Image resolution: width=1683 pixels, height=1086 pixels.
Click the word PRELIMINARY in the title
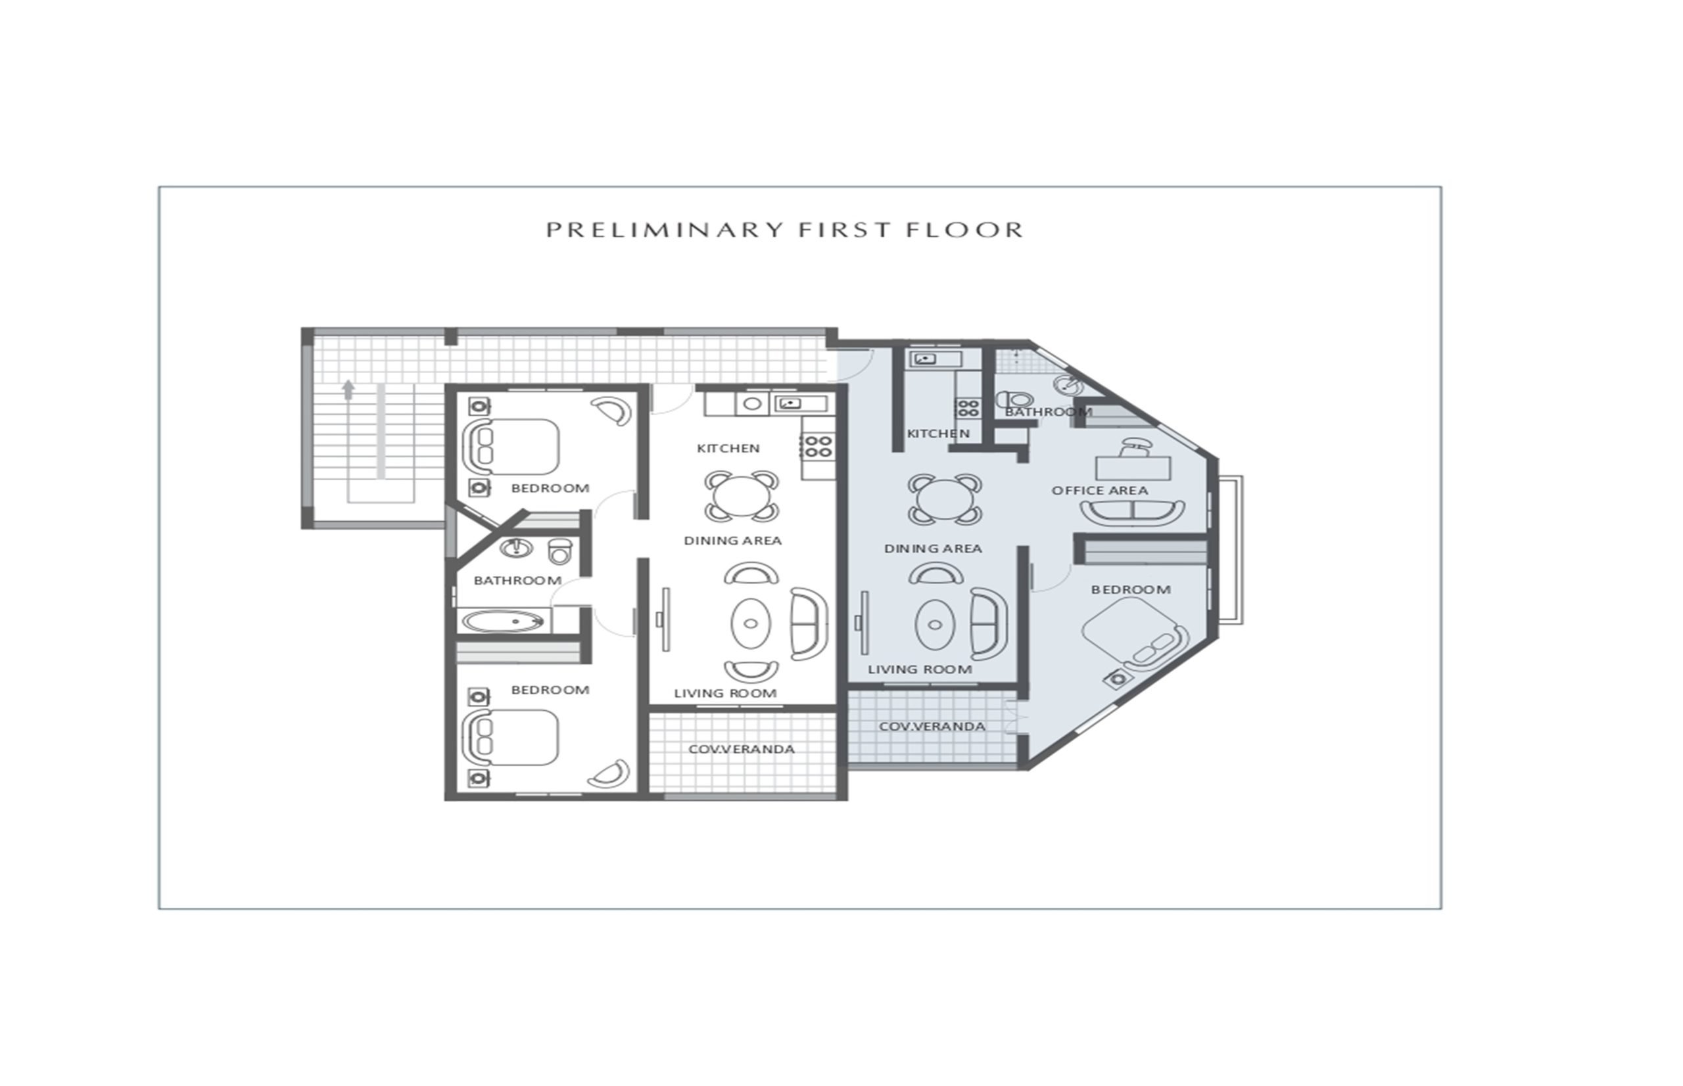(665, 230)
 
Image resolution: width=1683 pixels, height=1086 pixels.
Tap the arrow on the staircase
(347, 390)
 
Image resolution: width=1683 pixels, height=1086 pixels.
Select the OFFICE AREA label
(1099, 490)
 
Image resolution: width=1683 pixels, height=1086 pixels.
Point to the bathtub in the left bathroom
(503, 622)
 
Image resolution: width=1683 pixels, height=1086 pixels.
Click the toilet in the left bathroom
(559, 551)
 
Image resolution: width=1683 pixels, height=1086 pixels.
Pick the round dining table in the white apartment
(741, 496)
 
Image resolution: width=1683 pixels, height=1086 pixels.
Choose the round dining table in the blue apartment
(944, 499)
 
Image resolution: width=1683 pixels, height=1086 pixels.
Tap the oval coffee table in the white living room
(750, 623)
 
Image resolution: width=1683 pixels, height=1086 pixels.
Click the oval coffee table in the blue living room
(935, 625)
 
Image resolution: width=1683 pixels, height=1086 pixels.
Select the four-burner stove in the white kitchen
(818, 445)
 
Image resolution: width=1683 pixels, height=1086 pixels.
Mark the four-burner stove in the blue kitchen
(968, 407)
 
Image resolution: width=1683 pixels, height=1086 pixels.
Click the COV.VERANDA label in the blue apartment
(932, 726)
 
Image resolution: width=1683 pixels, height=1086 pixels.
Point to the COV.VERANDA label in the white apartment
(741, 749)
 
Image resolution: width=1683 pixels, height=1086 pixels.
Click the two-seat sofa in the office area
(1132, 512)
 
